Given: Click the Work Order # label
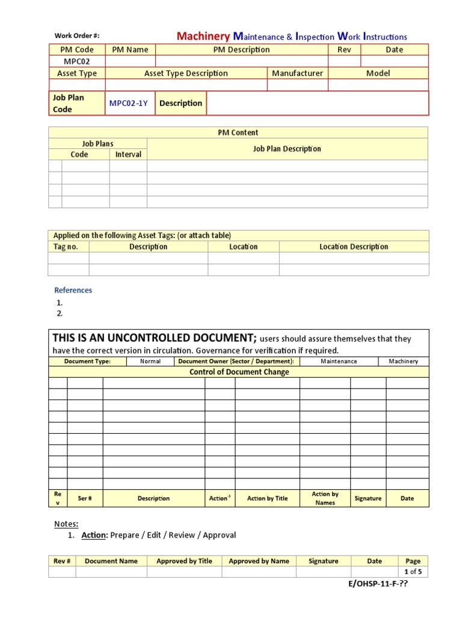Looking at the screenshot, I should pyautogui.click(x=73, y=36).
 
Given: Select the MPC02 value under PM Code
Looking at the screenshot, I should pyautogui.click(x=76, y=61).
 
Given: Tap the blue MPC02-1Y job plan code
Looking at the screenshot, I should pyautogui.click(x=128, y=104).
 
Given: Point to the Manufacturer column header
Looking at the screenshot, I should pyautogui.click(x=297, y=74).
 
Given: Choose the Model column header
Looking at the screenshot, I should pyautogui.click(x=378, y=74).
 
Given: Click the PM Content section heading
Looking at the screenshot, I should pyautogui.click(x=238, y=133).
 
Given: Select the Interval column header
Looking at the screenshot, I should pyautogui.click(x=128, y=155).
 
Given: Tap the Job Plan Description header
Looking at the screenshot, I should pyautogui.click(x=287, y=149).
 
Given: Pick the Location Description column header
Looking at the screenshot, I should pyautogui.click(x=354, y=247).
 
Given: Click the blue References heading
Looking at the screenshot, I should pyautogui.click(x=73, y=290).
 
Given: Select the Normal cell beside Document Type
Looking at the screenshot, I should pyautogui.click(x=150, y=362).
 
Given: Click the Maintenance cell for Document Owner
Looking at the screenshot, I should pyautogui.click(x=339, y=362).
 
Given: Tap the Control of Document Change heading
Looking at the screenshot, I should pyautogui.click(x=239, y=372).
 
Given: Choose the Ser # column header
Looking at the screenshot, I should pyautogui.click(x=85, y=499).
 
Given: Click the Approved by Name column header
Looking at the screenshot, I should pyautogui.click(x=259, y=561).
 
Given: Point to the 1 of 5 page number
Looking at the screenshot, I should pyautogui.click(x=413, y=572).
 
